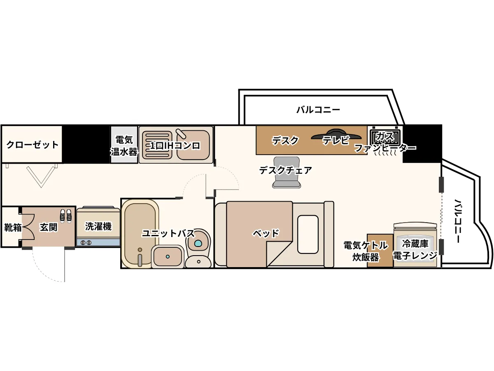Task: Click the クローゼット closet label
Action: point(33,145)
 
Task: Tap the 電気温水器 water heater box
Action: point(124,145)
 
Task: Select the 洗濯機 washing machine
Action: point(98,226)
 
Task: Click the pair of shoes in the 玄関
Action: point(66,216)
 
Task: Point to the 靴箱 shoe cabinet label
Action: point(13,228)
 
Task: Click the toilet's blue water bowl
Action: point(198,243)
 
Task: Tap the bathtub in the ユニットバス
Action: point(140,234)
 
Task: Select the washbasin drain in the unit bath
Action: point(168,256)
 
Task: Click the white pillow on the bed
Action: point(308,235)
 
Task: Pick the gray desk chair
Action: point(287,173)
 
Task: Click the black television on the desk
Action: point(336,134)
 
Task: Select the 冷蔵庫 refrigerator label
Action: point(415,244)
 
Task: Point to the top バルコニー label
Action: point(318,110)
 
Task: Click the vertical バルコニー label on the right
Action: point(457,221)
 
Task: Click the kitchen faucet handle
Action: point(181,134)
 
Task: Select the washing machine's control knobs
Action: point(86,243)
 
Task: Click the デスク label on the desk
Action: point(285,141)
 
